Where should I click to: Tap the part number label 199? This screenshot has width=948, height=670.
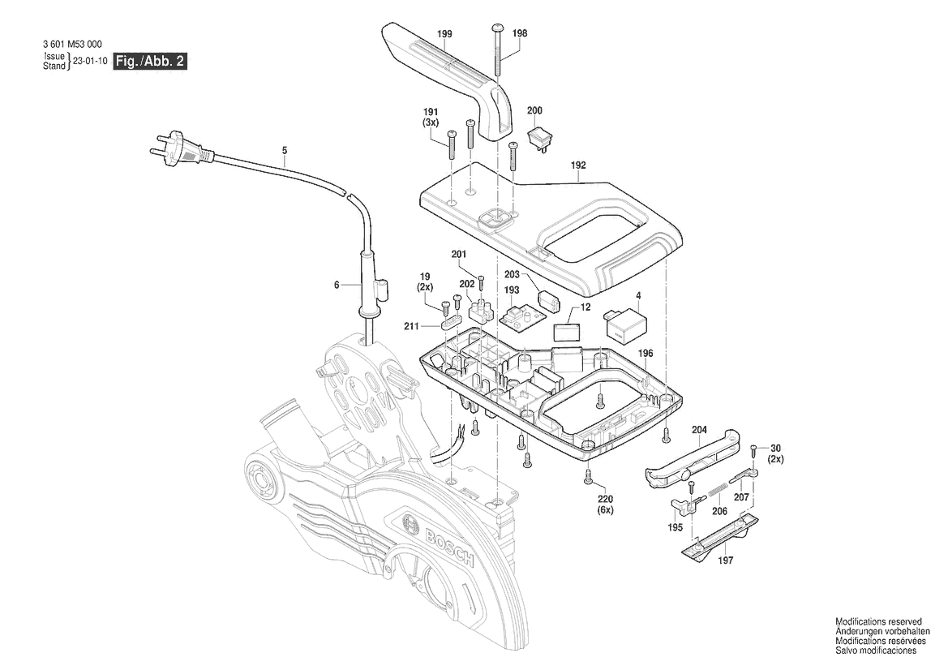click(x=444, y=34)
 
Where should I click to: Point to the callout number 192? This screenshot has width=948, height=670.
click(x=577, y=165)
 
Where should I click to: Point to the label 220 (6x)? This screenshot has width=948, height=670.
click(x=606, y=505)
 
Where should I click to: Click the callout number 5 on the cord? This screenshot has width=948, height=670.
click(x=285, y=150)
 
